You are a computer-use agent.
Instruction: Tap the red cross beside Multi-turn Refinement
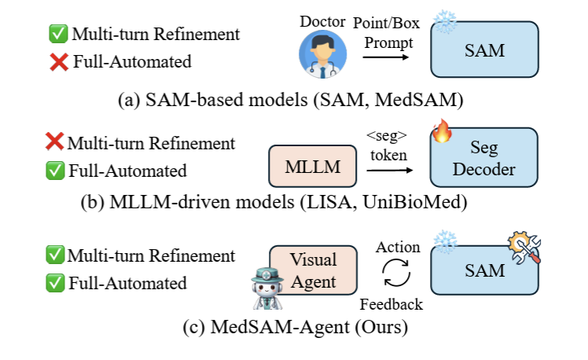pyautogui.click(x=54, y=144)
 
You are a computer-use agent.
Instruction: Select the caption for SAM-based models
pyautogui.click(x=290, y=102)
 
